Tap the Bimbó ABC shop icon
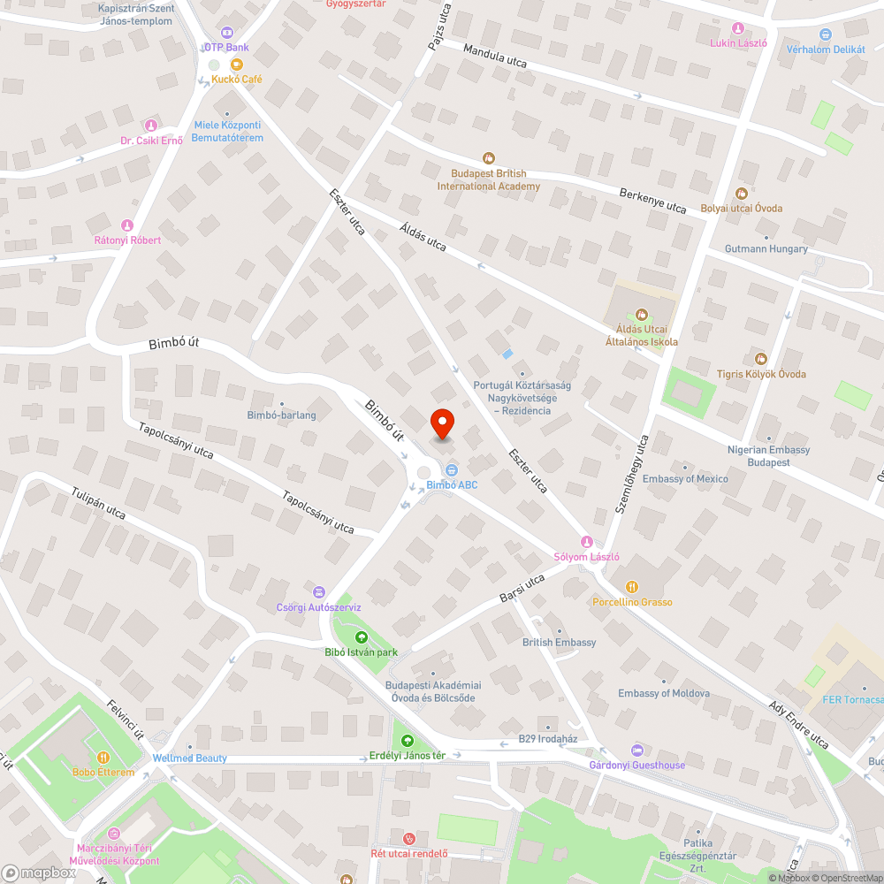[x=452, y=469]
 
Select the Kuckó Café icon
[x=236, y=65]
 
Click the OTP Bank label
[x=225, y=47]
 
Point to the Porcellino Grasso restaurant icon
[x=631, y=587]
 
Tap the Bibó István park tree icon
[x=361, y=637]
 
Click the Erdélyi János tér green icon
[x=407, y=741]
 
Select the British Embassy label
[x=559, y=643]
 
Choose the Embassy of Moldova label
[x=663, y=693]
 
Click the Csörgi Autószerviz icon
[x=319, y=592]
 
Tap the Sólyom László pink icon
[x=585, y=541]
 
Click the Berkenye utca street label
[x=652, y=201]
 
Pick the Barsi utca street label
[x=522, y=589]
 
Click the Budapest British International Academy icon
[x=487, y=158]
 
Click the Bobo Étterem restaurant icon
[x=103, y=757]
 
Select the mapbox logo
[x=40, y=872]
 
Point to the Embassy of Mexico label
[x=685, y=479]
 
